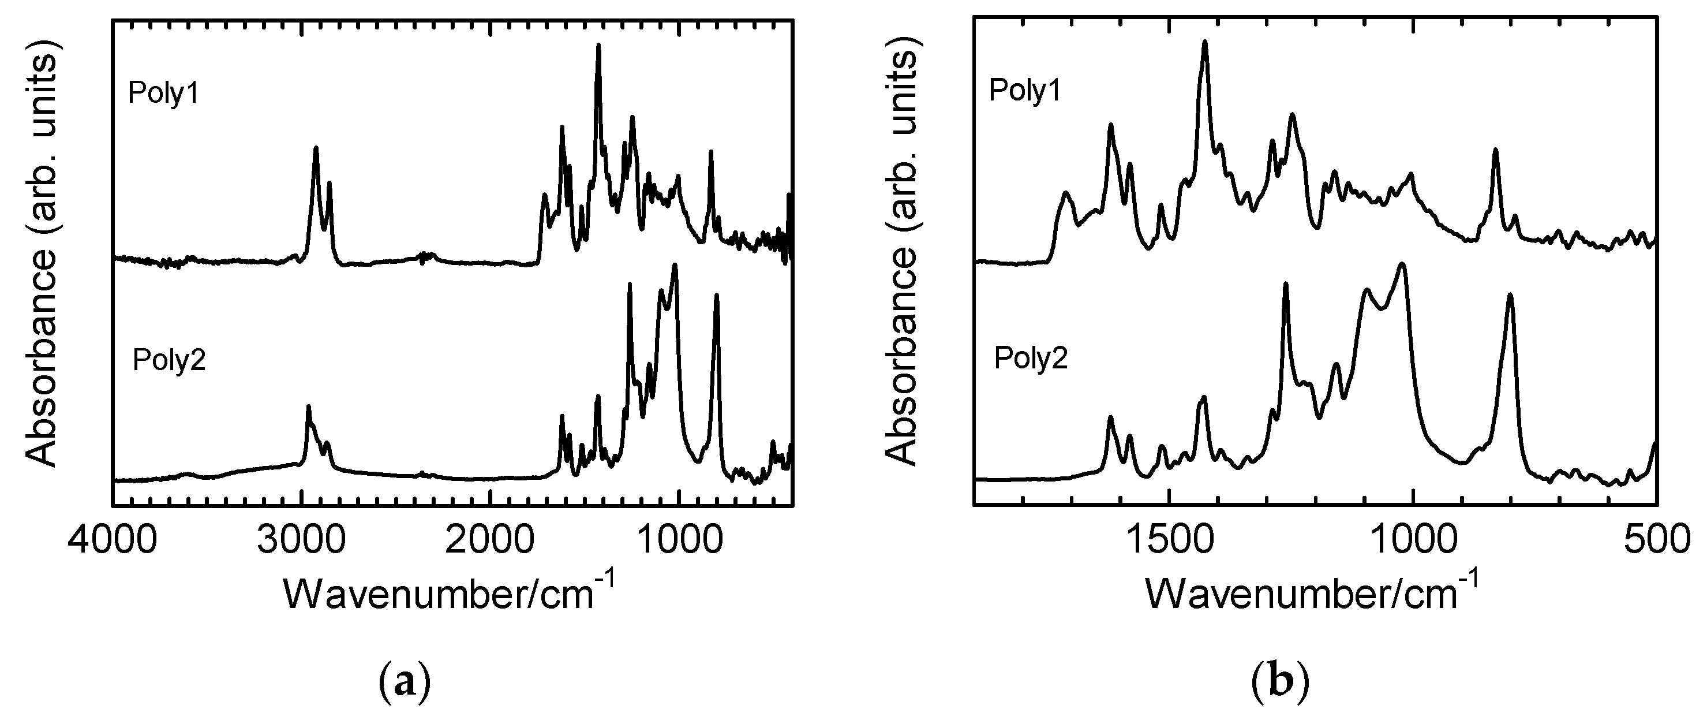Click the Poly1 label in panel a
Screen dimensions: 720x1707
tap(164, 94)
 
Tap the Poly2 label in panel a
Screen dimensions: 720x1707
tap(169, 361)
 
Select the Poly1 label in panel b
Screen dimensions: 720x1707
tap(1024, 90)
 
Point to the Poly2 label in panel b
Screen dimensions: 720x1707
tap(1031, 359)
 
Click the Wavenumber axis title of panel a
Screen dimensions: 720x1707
tap(450, 591)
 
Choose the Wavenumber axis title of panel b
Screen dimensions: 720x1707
tap(1311, 591)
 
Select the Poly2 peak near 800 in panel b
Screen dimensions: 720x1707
tap(1510, 296)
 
